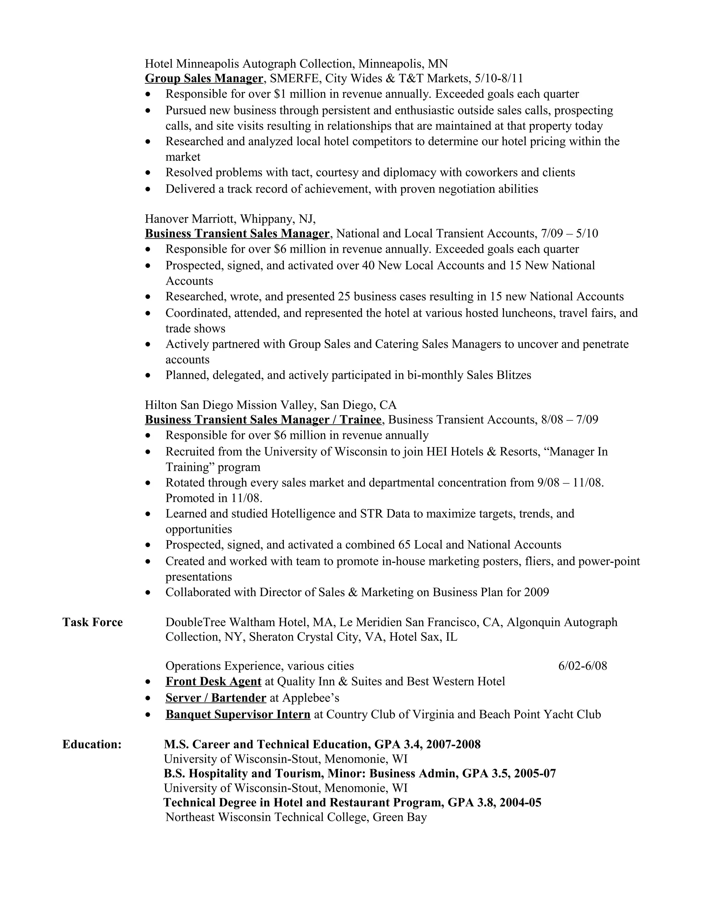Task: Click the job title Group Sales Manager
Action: click(204, 78)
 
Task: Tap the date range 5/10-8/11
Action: click(499, 78)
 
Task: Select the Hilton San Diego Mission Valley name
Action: click(230, 405)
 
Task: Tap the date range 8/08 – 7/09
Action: click(569, 420)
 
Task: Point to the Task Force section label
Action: click(92, 622)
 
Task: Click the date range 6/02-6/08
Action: click(582, 666)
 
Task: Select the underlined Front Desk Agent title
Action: click(213, 681)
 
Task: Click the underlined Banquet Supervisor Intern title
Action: click(238, 714)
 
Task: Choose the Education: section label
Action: click(92, 744)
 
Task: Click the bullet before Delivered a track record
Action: click(148, 190)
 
